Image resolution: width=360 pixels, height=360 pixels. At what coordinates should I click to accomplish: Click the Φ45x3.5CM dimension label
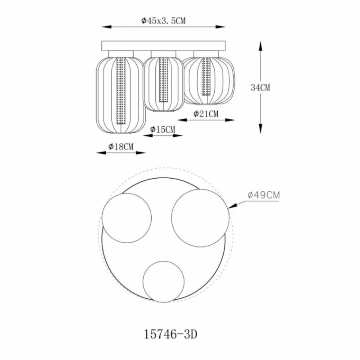coord(163,21)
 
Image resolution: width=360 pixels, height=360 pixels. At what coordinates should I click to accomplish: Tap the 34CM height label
coord(261,87)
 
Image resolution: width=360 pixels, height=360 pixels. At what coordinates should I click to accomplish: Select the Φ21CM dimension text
coord(206,114)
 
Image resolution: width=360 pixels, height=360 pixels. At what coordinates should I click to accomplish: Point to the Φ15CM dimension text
coord(162,129)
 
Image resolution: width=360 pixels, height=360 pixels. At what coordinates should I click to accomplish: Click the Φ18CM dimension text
coord(121,147)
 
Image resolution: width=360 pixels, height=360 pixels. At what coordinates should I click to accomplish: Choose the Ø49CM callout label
coord(264,195)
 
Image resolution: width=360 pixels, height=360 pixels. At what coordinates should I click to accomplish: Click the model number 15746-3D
coord(171,334)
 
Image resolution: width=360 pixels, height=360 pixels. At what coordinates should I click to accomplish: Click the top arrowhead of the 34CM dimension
coord(261,46)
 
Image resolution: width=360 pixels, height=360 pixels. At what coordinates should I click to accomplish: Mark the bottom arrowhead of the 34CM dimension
coord(261,129)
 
